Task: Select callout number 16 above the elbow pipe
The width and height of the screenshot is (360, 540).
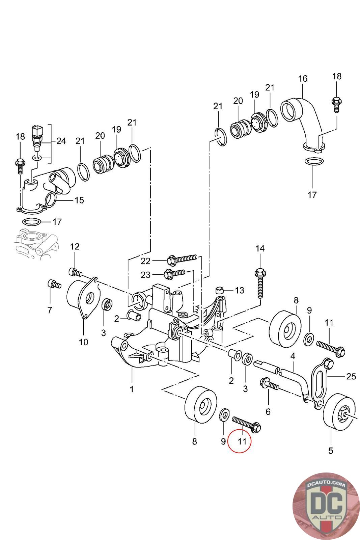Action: point(303,79)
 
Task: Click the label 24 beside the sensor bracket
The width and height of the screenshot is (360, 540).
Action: point(61,141)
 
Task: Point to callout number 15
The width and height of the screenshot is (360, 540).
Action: point(79,200)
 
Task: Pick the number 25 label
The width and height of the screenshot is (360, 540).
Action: point(351,376)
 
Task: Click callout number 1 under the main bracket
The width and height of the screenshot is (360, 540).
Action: point(132,389)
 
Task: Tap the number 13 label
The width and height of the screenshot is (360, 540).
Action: point(239,290)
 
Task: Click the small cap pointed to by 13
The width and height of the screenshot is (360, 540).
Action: point(220,290)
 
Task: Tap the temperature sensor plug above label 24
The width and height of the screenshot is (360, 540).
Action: point(37,132)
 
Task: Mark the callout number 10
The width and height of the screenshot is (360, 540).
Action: point(83,342)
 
